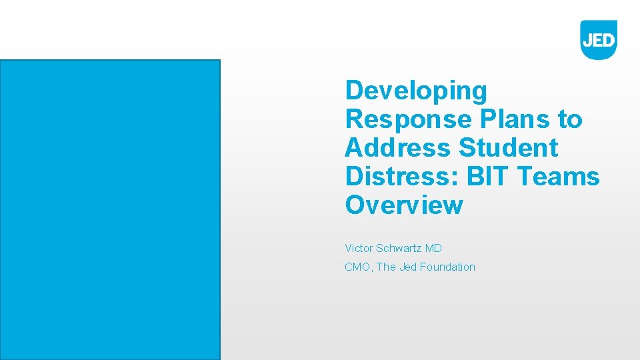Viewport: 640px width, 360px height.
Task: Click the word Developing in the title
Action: (416, 91)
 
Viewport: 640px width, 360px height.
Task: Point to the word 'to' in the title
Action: (570, 119)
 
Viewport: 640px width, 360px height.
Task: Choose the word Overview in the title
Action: (404, 205)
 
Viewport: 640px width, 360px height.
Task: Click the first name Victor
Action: (359, 249)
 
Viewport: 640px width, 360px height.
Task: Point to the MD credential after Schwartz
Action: (434, 249)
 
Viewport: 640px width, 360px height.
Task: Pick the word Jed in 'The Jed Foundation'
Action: (408, 267)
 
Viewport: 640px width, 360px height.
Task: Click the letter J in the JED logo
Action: (587, 40)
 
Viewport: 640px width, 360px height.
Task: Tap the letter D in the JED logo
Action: (608, 40)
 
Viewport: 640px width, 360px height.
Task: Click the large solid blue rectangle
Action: (110, 209)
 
